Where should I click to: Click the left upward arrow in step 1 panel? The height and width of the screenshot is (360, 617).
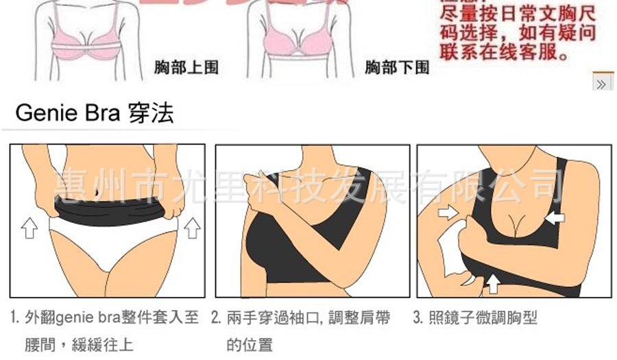pos(29,227)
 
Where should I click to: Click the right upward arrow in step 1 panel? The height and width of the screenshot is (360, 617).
pos(191,227)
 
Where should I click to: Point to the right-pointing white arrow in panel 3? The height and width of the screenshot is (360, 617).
pos(448,213)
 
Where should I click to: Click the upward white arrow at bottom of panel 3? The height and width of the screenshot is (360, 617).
pos(492,281)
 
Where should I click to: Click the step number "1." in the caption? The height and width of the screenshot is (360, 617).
pos(15,318)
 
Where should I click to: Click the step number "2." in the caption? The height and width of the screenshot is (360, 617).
pos(215,318)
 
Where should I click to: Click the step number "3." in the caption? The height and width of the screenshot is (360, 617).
pos(417,318)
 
